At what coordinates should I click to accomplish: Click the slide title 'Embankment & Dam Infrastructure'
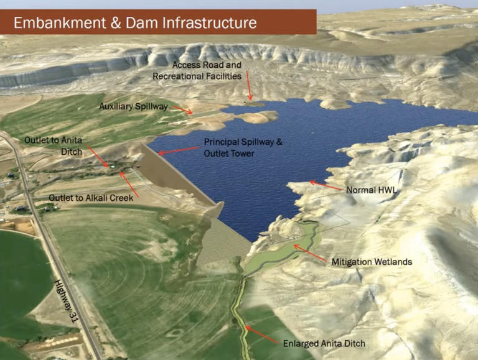point(135,23)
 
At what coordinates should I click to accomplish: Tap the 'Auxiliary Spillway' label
point(133,107)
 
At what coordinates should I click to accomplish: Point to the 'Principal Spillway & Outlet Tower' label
point(243,147)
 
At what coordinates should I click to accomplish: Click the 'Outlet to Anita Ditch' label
point(53,145)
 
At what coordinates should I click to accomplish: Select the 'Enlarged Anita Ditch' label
point(324,343)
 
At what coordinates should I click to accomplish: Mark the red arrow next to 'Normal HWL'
point(326,185)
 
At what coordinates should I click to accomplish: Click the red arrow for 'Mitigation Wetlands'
point(310,254)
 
